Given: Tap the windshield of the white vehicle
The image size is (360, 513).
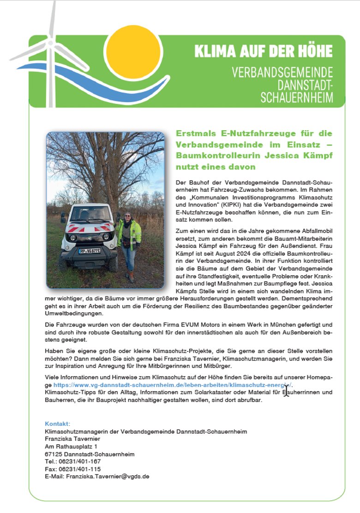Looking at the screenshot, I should [89, 215].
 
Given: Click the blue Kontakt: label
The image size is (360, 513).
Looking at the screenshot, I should [58, 423].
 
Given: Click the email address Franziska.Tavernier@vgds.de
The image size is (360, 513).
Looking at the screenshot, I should [108, 476].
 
